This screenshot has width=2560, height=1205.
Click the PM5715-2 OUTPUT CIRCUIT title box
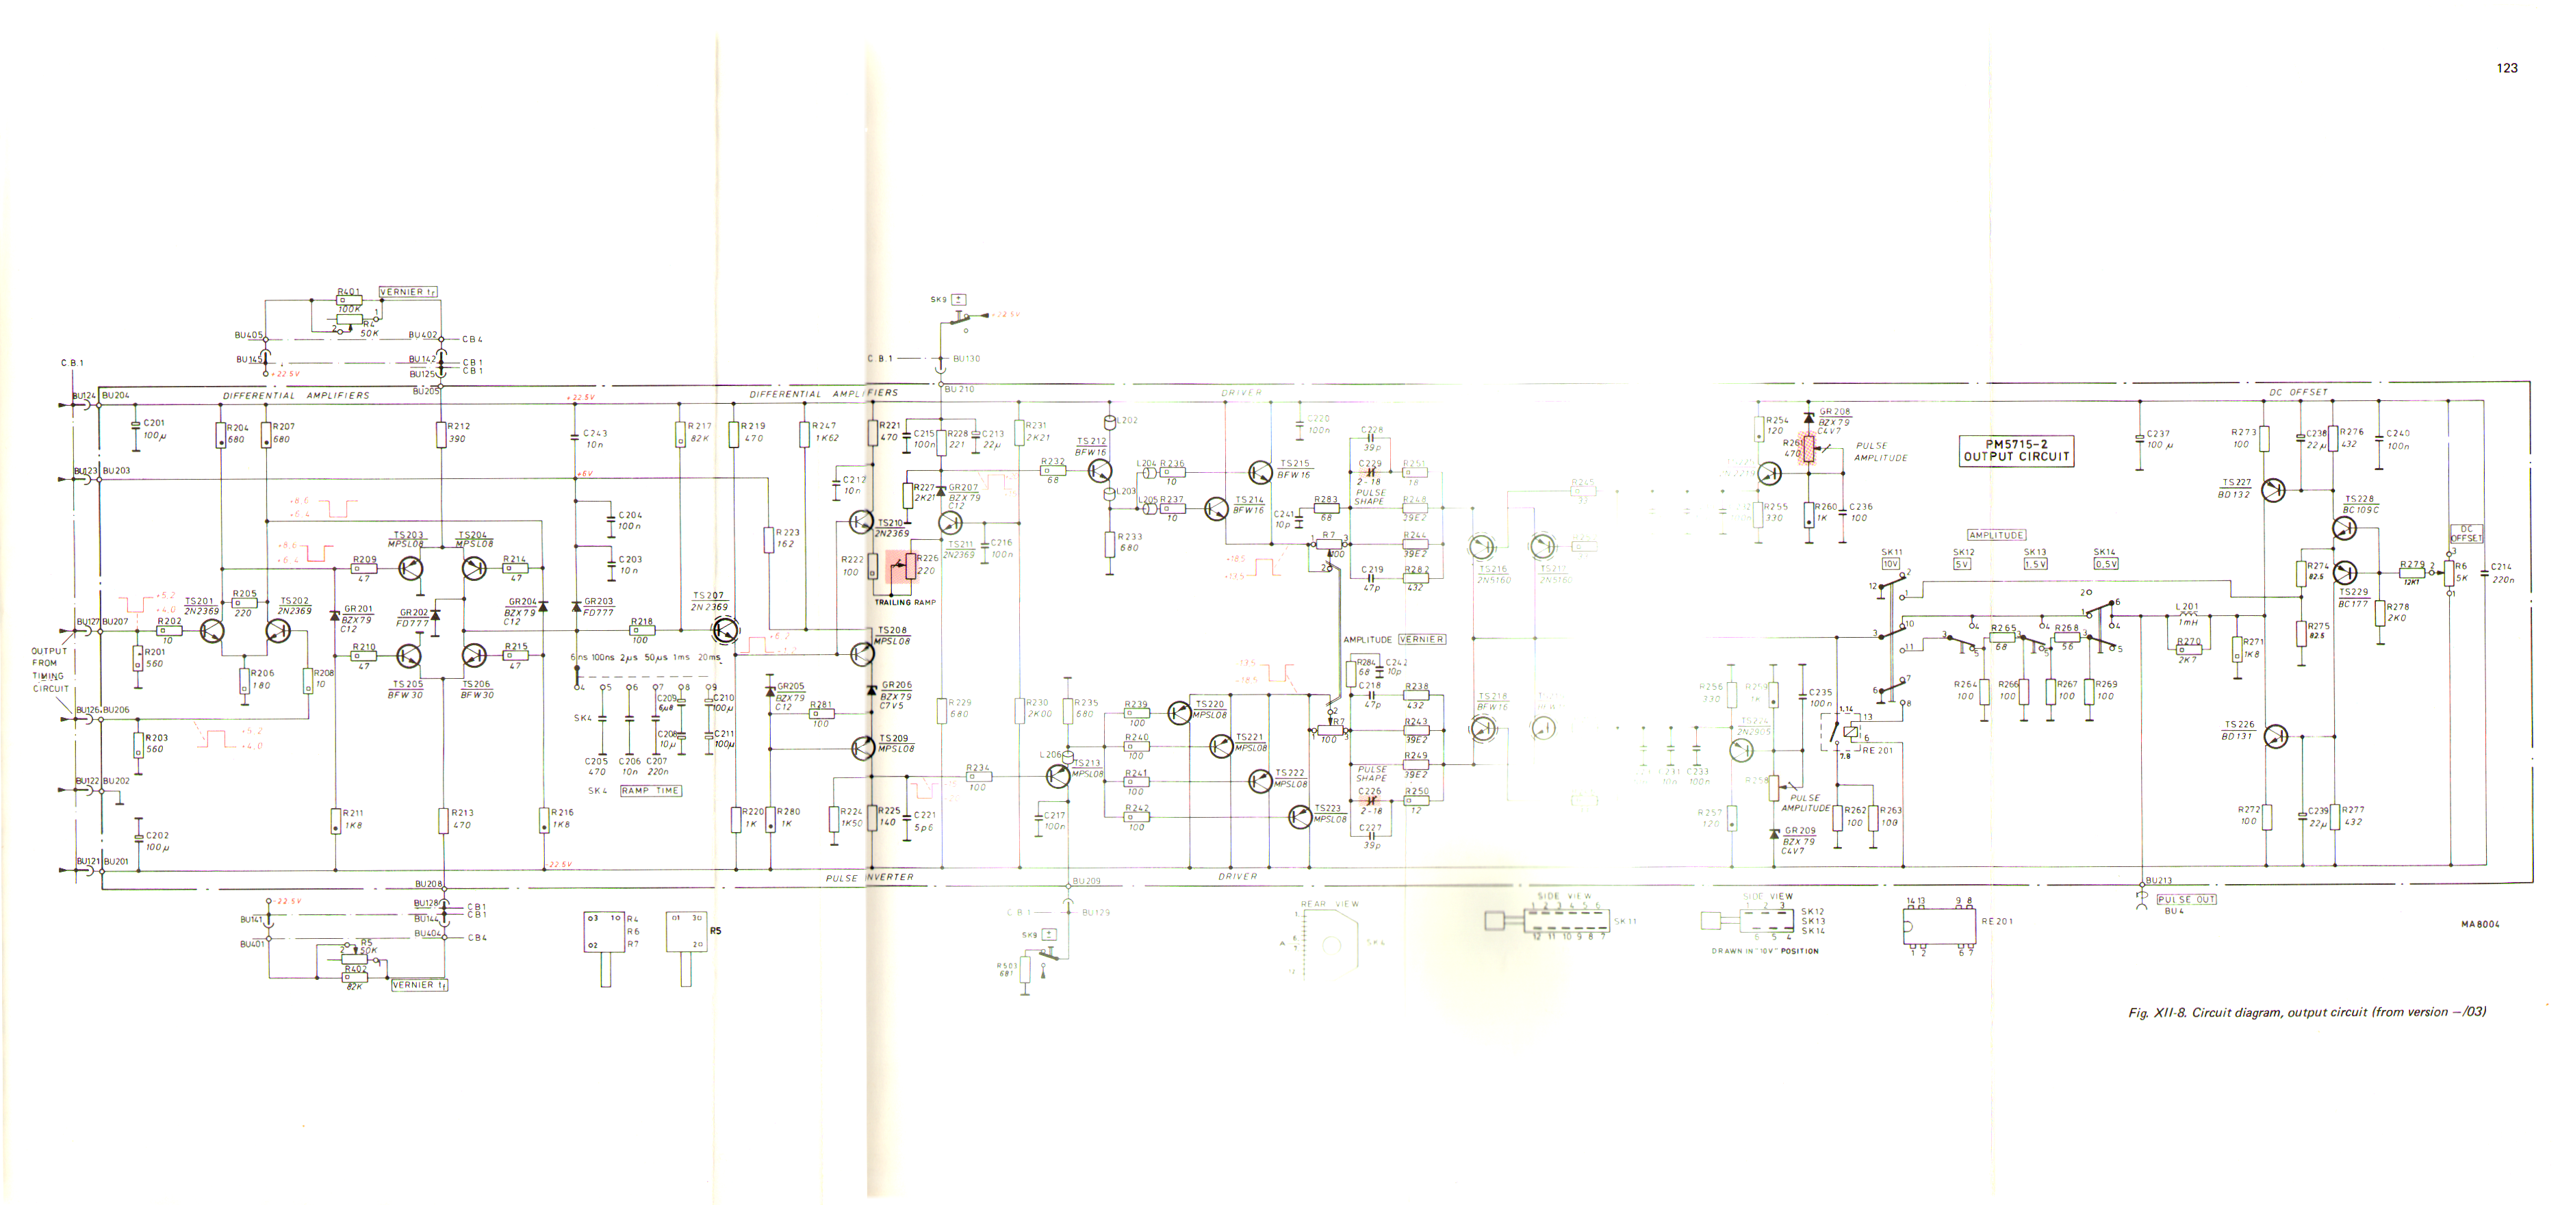(2015, 451)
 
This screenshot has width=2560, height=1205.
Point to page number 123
(2507, 68)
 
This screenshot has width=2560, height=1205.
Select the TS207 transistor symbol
(726, 629)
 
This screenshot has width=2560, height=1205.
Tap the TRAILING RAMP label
(904, 602)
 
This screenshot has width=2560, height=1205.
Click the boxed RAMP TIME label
(651, 791)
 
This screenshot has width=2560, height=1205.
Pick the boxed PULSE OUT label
(2186, 899)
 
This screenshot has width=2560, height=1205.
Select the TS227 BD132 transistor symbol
(2273, 490)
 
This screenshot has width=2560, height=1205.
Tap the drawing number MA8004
(2481, 924)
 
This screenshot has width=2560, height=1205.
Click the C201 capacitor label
(154, 423)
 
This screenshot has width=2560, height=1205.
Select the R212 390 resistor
(441, 433)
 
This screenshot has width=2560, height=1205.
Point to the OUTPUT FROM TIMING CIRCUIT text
(50, 669)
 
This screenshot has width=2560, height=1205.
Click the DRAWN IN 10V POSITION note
(1765, 950)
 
